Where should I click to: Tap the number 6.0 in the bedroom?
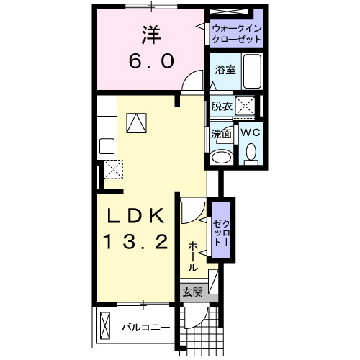point(150,61)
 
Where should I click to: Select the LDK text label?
point(139,215)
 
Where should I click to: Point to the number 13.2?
point(139,241)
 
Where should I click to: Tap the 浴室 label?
point(225,70)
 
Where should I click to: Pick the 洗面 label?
point(222,133)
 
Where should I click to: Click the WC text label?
point(251,132)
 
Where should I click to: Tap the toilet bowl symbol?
point(251,152)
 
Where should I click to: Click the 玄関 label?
point(192,292)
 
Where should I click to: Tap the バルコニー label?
point(145,328)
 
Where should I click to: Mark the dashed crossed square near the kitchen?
point(112,170)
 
